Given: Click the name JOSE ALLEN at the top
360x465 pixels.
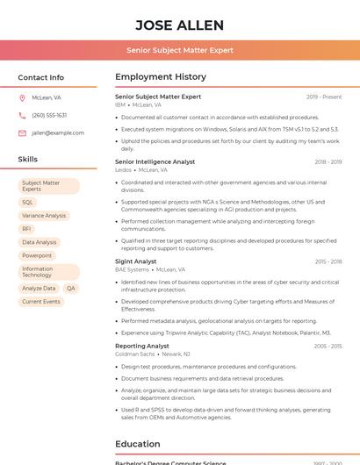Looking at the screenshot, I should pos(180,25).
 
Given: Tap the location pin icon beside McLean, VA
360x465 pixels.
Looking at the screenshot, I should pos(22,98).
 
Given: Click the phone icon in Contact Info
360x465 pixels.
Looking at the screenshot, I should pos(22,116).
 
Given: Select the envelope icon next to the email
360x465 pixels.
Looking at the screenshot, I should pos(22,133).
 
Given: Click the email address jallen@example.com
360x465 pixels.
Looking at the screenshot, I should pos(58,133).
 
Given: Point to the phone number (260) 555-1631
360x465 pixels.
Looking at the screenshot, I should pos(49,116).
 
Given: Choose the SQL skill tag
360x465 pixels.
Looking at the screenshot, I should pos(28,203).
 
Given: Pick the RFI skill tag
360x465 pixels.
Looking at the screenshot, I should pos(27,229).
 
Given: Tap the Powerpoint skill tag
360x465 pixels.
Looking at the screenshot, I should pos(37,255).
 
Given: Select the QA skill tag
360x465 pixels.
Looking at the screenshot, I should pos(71,289).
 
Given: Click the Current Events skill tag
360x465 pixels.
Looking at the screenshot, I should pos(41,302).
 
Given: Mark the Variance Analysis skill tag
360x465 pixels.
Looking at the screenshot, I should pos(44,216).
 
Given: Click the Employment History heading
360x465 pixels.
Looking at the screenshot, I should pos(161,77).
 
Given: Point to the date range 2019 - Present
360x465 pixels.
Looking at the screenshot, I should pos(324,97).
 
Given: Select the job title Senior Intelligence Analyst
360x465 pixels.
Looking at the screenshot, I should pos(155,162).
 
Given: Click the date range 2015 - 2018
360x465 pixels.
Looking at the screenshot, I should pos(328,261).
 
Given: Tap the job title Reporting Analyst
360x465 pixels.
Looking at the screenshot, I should pos(141,347).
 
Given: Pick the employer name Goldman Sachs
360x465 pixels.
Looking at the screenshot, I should pos(134,354).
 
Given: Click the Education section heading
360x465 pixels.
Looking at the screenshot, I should pos(137,444).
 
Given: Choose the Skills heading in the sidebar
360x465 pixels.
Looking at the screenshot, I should pos(28,160).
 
